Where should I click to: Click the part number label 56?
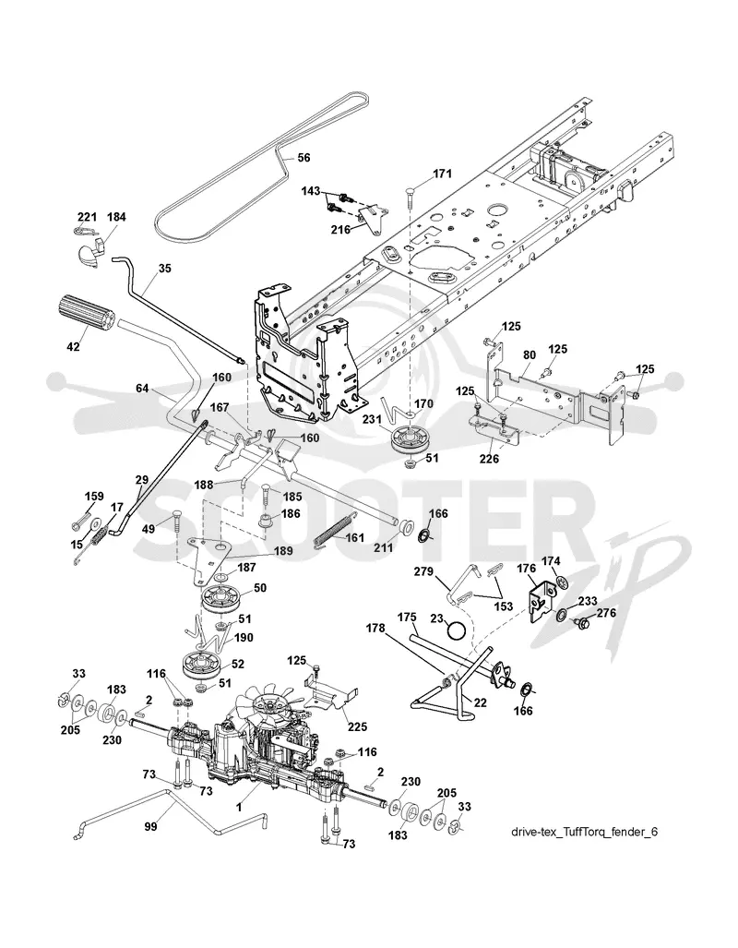pos(304,157)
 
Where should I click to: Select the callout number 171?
pos(442,174)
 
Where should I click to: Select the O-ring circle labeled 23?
pos(457,630)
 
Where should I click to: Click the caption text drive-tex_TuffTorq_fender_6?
pos(585,832)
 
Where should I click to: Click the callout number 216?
pos(340,230)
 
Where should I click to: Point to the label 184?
pos(116,216)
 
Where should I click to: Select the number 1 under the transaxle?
pos(239,807)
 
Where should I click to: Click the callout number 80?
pos(529,354)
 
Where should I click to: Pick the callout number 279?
pos(423,570)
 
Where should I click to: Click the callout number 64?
pos(142,388)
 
